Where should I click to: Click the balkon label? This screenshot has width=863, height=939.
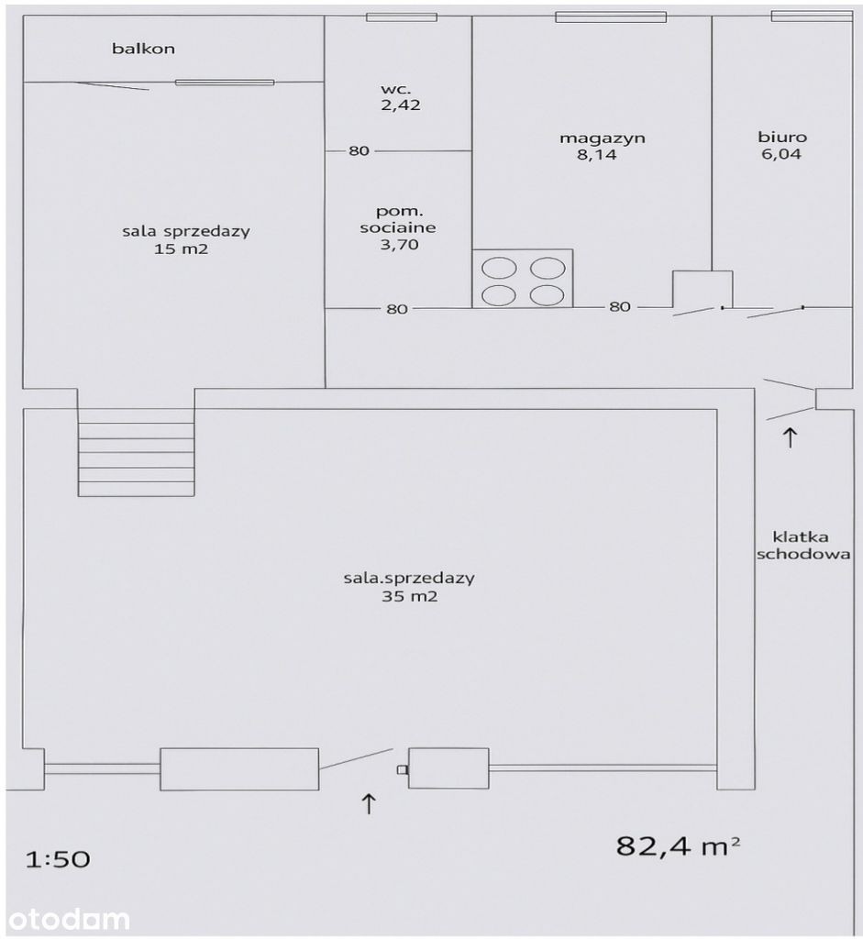click(143, 48)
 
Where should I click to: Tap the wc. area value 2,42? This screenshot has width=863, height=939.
click(401, 105)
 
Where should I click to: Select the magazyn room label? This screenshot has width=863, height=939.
click(603, 138)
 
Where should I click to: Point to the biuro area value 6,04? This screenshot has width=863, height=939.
click(781, 154)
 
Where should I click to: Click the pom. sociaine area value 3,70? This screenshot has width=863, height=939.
click(400, 244)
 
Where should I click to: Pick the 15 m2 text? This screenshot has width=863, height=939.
click(181, 249)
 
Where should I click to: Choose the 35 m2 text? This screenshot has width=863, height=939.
click(410, 596)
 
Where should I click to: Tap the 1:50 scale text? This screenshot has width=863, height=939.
click(58, 860)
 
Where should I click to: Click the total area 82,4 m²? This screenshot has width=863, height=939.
click(678, 845)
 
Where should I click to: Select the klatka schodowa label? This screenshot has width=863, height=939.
click(803, 546)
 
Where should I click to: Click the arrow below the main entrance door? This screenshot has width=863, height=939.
click(369, 803)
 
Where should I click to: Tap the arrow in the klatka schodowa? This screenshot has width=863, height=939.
click(790, 437)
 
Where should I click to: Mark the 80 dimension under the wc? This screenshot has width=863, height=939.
click(359, 150)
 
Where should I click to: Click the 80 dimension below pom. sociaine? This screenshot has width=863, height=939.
click(397, 309)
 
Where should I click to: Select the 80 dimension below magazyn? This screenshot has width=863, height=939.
click(620, 306)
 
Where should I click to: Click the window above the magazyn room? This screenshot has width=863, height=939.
click(611, 17)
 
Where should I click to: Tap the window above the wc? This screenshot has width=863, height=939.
click(402, 17)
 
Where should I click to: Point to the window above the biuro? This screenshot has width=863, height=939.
click(812, 16)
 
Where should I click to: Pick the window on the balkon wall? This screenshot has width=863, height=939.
click(225, 82)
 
